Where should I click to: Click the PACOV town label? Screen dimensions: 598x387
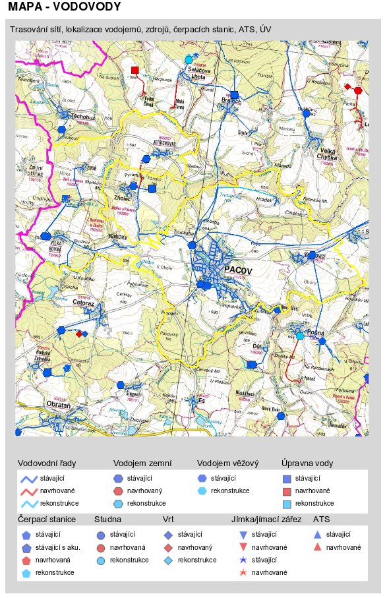click(x=238, y=270)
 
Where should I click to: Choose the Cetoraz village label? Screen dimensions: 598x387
click(x=83, y=304)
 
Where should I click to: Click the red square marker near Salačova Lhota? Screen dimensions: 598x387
click(x=134, y=69)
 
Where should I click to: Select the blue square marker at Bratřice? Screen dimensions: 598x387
click(x=234, y=95)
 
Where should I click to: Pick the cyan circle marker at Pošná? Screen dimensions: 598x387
click(x=299, y=336)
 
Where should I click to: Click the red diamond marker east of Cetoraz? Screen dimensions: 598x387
click(x=79, y=334)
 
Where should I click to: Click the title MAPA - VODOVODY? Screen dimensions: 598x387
click(x=64, y=7)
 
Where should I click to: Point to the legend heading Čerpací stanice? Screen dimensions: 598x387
click(x=46, y=520)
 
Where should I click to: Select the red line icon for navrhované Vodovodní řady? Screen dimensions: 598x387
click(x=28, y=491)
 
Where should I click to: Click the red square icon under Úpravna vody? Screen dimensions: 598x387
click(x=287, y=491)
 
